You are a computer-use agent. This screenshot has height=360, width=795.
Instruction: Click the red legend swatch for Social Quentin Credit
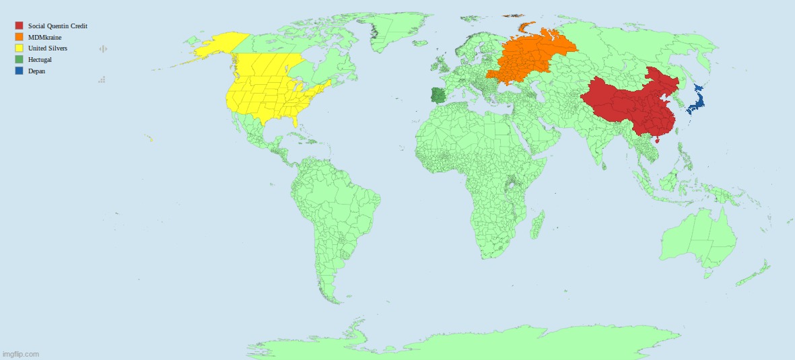coord(19,26)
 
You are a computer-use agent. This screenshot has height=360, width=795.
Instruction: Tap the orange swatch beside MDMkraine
coord(19,37)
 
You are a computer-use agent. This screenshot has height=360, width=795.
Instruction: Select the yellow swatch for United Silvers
coord(19,48)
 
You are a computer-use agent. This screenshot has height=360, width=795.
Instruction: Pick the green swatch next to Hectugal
coord(19,60)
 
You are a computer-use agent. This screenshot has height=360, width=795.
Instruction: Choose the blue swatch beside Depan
coord(19,71)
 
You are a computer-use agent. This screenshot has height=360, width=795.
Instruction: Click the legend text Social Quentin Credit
coord(58,26)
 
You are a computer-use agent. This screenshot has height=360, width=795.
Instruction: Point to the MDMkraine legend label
coord(44,37)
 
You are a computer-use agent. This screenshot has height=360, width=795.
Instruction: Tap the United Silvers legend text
coord(47,48)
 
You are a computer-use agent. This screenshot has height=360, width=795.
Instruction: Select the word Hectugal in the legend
coord(40,60)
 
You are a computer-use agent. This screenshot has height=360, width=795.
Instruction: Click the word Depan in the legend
coord(36,71)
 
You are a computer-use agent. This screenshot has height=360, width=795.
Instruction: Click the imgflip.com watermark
coord(22,354)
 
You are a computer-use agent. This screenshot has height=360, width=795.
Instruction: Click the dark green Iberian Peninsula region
coord(438,96)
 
